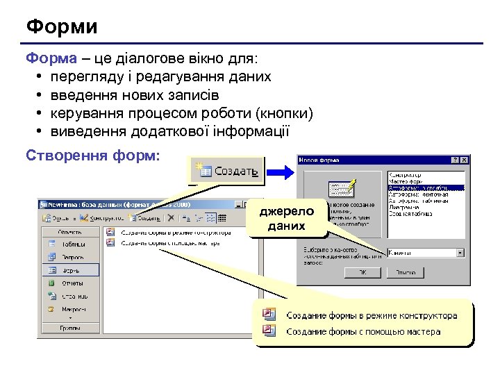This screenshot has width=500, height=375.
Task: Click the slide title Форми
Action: coord(62,27)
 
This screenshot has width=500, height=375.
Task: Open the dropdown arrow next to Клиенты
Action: coord(460,253)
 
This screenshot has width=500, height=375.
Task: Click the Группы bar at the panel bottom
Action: coord(69,327)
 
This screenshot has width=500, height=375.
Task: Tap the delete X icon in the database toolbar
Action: coord(171,217)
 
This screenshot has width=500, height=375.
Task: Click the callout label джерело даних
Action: coord(286,219)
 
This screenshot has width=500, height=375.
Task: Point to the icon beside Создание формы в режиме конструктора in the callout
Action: coord(269,315)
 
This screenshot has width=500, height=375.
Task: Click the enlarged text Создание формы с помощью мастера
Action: coord(362,332)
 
